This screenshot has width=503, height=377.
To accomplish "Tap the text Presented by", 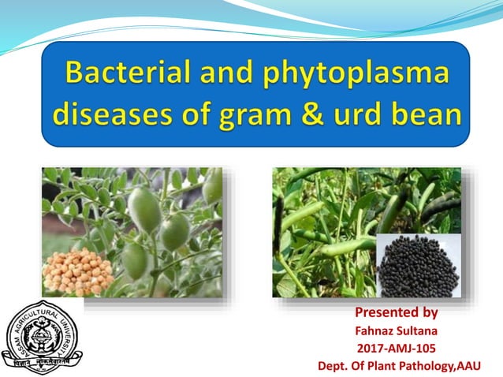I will coord(397,312).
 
